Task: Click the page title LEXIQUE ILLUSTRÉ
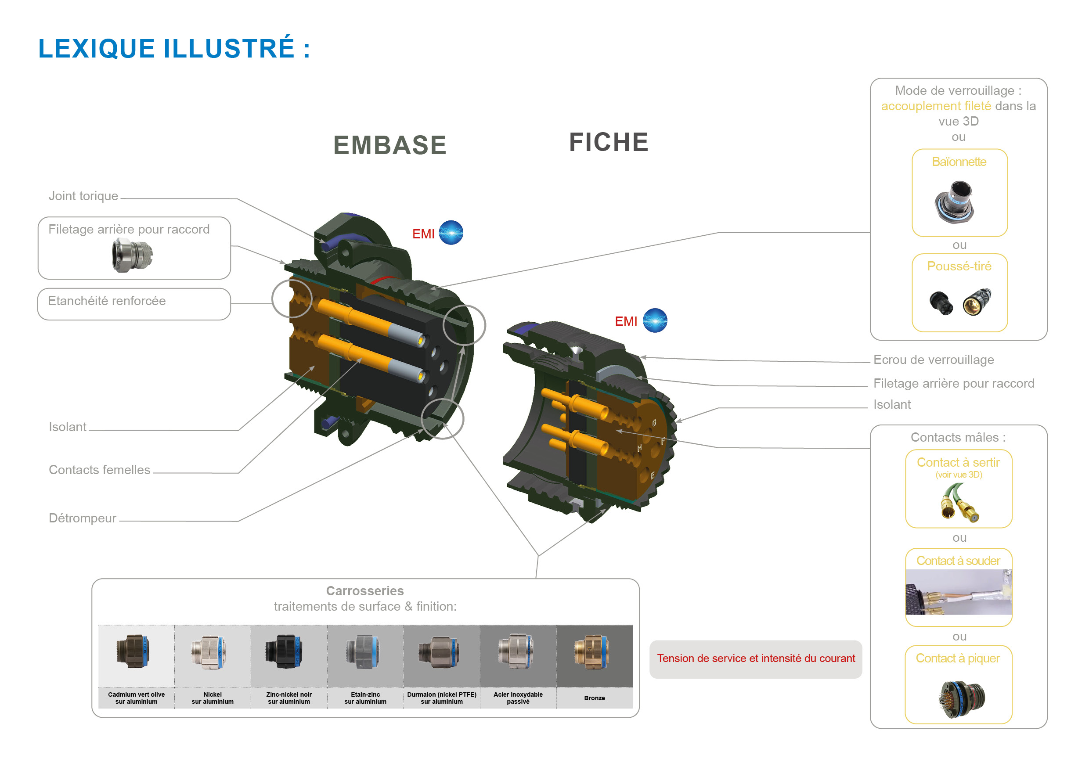(173, 48)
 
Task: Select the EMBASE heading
(389, 145)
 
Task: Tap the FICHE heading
(609, 142)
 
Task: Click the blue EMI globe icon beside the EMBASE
(451, 233)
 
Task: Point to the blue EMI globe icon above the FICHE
(655, 320)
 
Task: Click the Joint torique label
(83, 196)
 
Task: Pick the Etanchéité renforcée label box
(134, 303)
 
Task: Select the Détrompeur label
(83, 518)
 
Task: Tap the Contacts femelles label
(100, 469)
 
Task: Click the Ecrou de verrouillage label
(934, 360)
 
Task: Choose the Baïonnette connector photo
(955, 202)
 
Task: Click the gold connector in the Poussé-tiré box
(977, 302)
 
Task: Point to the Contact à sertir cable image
(958, 502)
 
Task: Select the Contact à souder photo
(958, 592)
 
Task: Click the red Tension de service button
(756, 658)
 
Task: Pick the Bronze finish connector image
(591, 652)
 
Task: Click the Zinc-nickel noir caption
(289, 698)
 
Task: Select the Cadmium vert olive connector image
(134, 652)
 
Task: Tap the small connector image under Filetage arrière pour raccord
(132, 255)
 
